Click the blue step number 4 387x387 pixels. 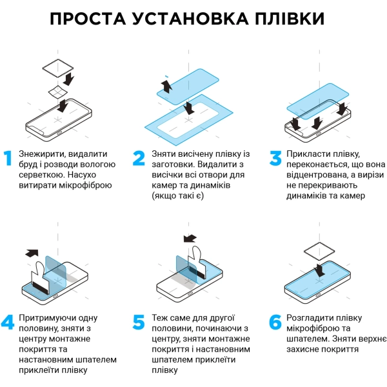(8, 322)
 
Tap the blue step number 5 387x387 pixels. (139, 322)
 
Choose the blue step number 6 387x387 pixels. (275, 322)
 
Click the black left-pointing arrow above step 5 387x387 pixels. (190, 239)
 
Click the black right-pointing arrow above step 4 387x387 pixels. (31, 253)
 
